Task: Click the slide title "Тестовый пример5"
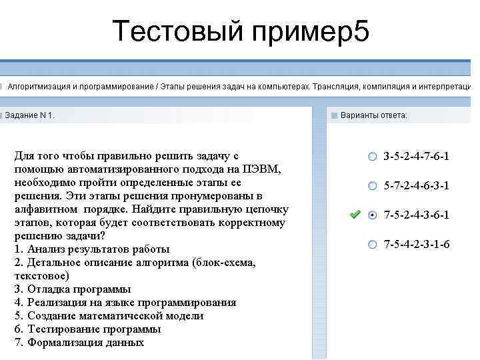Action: tap(240, 31)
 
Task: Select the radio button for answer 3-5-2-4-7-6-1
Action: tap(372, 157)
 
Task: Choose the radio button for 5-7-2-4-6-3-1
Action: tap(372, 185)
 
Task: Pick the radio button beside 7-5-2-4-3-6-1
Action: tap(372, 215)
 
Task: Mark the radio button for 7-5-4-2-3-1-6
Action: tap(372, 244)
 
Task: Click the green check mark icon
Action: tap(355, 215)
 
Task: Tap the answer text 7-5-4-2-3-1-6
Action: tap(416, 244)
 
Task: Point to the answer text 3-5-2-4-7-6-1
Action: tap(416, 157)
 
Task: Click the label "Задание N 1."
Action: tap(29, 115)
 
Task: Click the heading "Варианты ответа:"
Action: tap(373, 115)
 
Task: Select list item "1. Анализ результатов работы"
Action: tap(91, 249)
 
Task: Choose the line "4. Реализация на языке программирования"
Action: tap(125, 303)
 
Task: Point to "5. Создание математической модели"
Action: tap(109, 316)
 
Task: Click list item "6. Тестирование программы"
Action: tap(87, 329)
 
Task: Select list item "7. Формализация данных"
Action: tap(79, 343)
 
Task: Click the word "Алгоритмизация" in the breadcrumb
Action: tap(39, 87)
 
